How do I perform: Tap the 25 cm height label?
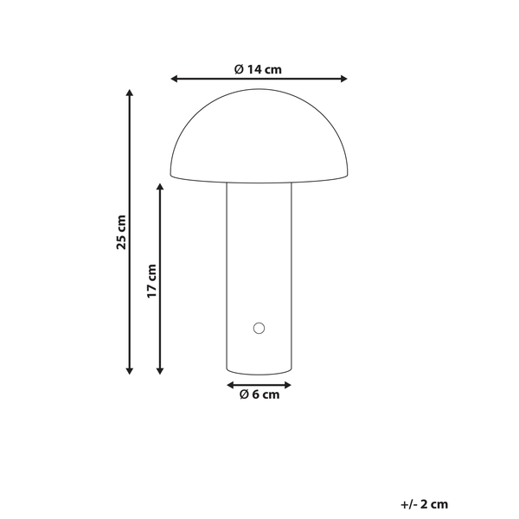pyautogui.click(x=122, y=231)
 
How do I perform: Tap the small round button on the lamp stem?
pyautogui.click(x=257, y=327)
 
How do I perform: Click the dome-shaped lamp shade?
pyautogui.click(x=259, y=138)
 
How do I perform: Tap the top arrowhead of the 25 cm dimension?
pyautogui.click(x=130, y=92)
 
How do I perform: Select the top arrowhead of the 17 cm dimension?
pyautogui.click(x=160, y=185)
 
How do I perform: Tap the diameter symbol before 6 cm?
pyautogui.click(x=245, y=395)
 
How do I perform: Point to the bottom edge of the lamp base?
pyautogui.click(x=259, y=373)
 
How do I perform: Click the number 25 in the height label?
pyautogui.click(x=122, y=242)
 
